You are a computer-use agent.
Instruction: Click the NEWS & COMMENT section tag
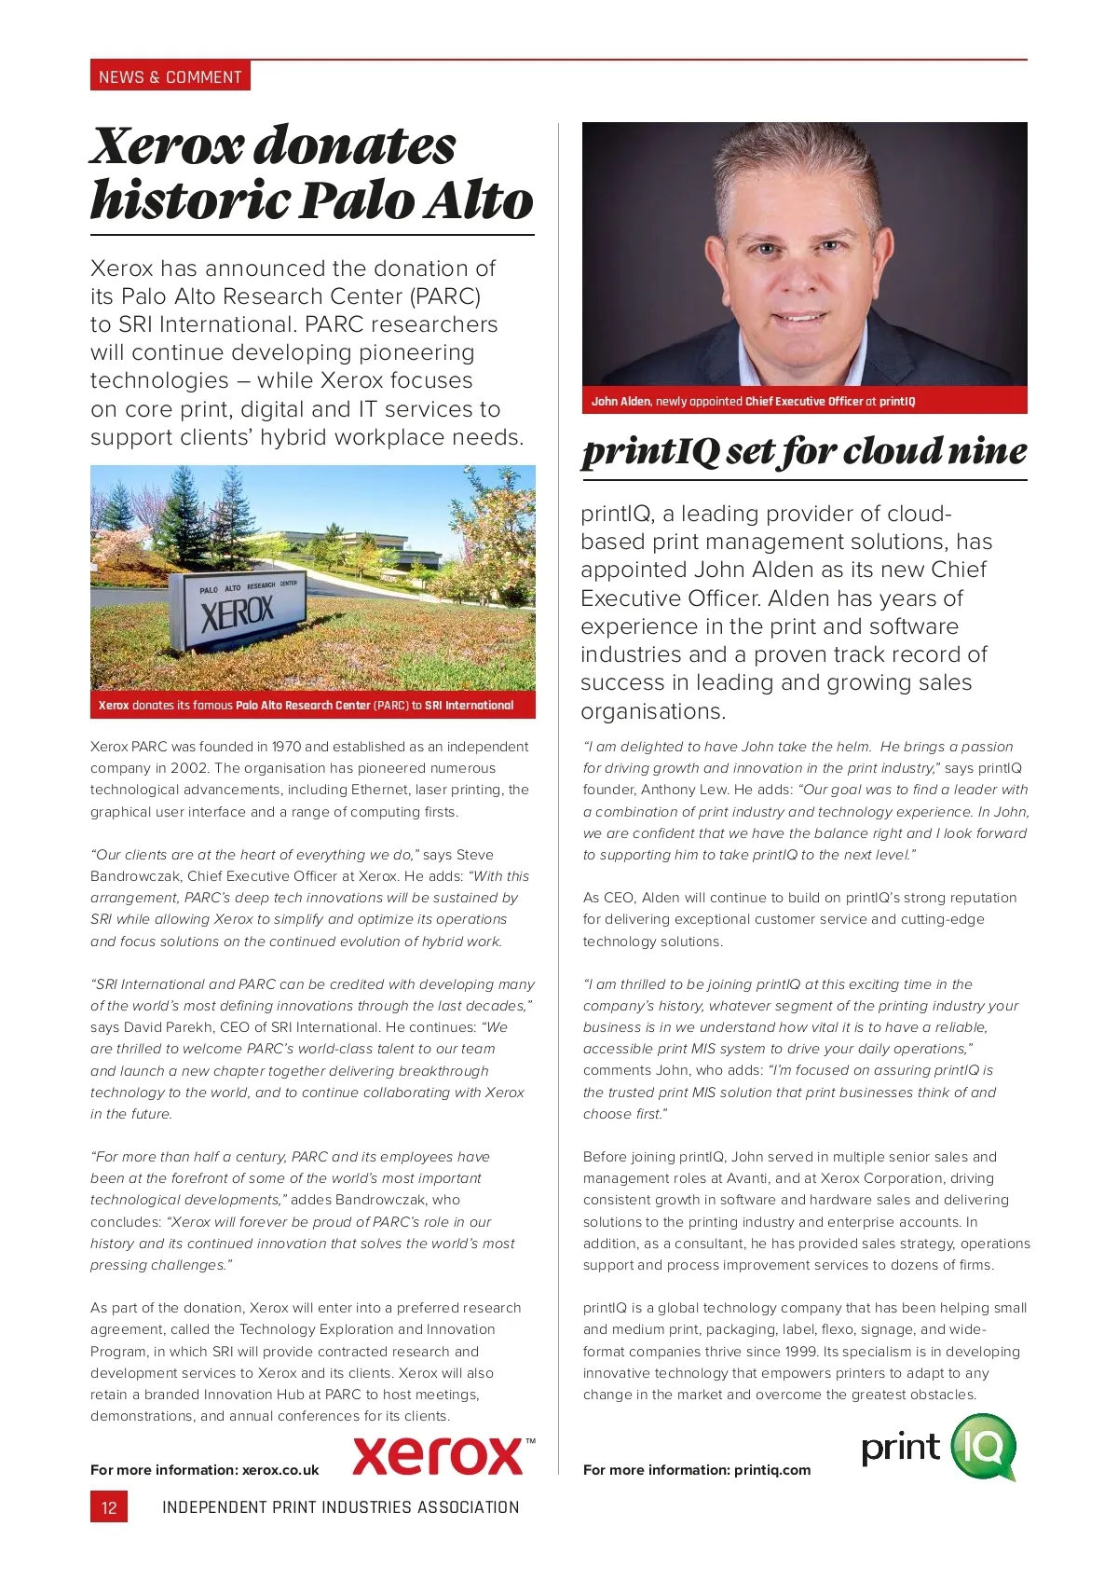pos(170,76)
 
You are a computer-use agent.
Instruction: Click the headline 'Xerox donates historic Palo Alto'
pos(311,173)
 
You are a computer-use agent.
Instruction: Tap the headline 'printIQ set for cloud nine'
pos(804,452)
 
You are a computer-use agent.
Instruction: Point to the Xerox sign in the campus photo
pos(237,612)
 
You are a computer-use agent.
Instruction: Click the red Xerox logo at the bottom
pos(438,1456)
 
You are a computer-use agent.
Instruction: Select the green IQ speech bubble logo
pos(984,1447)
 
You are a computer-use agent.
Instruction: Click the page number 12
pos(109,1507)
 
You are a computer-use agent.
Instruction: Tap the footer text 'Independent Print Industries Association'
pos(340,1507)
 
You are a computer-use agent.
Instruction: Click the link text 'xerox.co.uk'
pos(280,1470)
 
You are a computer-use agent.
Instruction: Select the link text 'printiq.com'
pos(772,1470)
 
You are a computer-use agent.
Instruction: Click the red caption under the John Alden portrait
pos(804,401)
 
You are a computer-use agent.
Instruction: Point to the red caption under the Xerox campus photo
pos(312,705)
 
